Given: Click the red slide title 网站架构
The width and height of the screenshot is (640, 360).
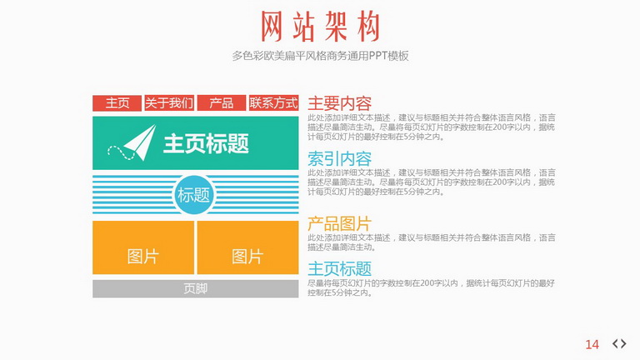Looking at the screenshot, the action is (320, 27).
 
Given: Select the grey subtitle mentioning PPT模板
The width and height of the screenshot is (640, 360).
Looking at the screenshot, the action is (320, 56).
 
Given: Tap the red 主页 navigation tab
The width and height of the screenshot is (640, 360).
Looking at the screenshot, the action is (117, 102).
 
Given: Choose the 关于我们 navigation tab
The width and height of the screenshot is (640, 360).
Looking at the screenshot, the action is (169, 102).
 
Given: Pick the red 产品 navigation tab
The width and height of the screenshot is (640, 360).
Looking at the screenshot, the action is (222, 102).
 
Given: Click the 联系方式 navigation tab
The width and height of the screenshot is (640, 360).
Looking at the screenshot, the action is (274, 102).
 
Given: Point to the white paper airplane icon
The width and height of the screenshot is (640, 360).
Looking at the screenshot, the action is (140, 142).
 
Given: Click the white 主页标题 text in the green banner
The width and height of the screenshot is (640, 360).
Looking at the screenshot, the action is (206, 143).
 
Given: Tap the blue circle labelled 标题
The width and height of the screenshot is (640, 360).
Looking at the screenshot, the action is (194, 195).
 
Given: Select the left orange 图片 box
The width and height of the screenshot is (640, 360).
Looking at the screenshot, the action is (143, 247).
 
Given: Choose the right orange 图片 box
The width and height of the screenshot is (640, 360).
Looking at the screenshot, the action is (247, 247).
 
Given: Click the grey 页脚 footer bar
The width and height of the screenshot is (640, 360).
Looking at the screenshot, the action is (196, 288).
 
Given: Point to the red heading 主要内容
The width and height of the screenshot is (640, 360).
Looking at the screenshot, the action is (340, 103).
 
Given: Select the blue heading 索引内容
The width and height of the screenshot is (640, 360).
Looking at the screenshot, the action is (340, 159).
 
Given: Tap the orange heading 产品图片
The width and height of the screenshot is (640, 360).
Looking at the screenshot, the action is (340, 223).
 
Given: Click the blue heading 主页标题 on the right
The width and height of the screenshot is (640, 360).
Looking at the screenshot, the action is (340, 269).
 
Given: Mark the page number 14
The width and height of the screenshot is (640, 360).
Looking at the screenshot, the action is (592, 344).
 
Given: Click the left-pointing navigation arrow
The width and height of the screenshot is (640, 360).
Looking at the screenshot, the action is (616, 343).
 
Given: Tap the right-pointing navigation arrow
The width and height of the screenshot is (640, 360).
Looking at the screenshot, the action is (623, 343).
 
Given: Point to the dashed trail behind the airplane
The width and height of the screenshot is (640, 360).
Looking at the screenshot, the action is (121, 152).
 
